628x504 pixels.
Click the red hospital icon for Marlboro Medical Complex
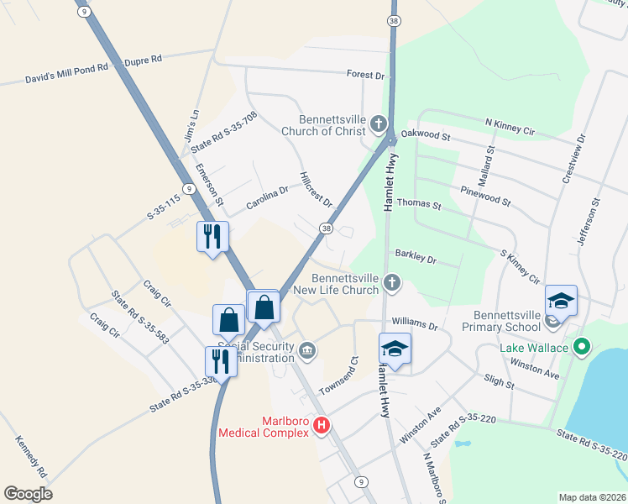click(x=320, y=426)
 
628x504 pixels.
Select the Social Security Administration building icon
click(x=307, y=349)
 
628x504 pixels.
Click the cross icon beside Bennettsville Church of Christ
click(x=378, y=125)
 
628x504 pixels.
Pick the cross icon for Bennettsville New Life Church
click(x=391, y=284)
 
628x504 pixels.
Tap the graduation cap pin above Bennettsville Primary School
click(x=561, y=301)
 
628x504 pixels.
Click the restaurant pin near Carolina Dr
click(x=212, y=236)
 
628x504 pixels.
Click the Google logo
click(x=28, y=493)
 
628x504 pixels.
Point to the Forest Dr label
click(x=365, y=75)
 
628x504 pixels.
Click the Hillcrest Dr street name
click(x=317, y=191)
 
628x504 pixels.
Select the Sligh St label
click(x=499, y=382)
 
